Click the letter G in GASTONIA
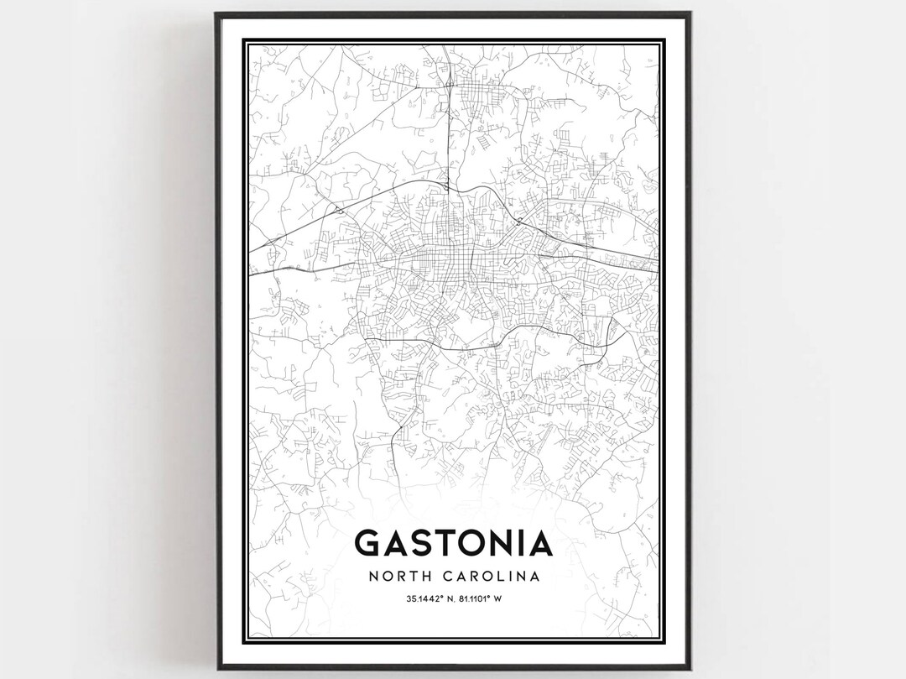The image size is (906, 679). (368, 544)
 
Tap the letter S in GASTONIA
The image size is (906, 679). (423, 544)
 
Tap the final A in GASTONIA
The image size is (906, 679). (542, 544)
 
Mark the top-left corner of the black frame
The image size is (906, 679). (216, 13)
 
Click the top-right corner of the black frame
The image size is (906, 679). (690, 13)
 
